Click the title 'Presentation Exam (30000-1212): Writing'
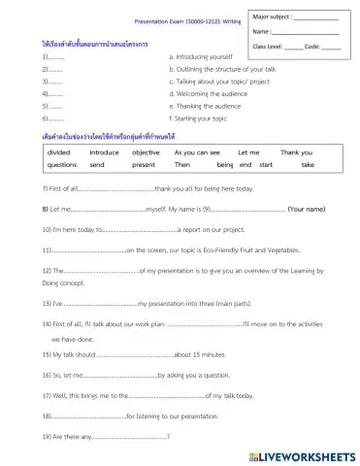point(180,20)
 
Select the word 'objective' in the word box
point(146,152)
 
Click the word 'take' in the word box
point(308,166)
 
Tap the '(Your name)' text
point(312,210)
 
